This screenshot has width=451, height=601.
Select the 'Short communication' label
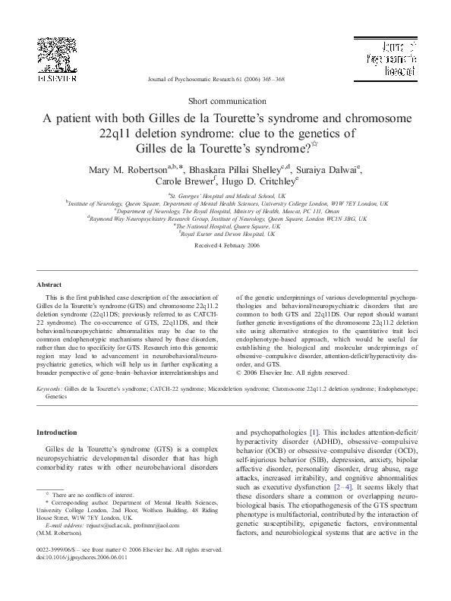pos(225,100)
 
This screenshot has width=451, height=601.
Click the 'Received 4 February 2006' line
pos(225,246)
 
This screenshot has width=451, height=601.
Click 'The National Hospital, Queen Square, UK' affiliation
pos(225,225)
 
